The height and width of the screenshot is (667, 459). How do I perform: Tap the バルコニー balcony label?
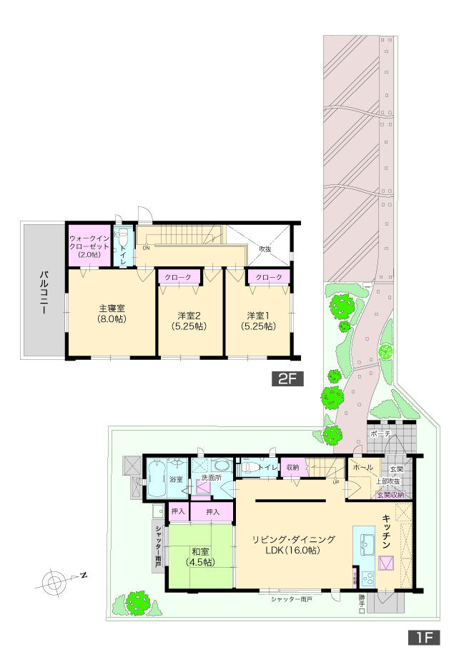point(44,294)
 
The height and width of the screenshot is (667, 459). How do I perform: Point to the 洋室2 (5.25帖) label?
point(190,320)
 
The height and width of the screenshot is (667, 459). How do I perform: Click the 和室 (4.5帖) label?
point(199,556)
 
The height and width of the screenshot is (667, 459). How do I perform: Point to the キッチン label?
point(385,532)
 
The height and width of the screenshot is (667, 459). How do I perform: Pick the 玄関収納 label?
point(390,494)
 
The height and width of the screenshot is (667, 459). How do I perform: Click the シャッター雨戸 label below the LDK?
point(291,599)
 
